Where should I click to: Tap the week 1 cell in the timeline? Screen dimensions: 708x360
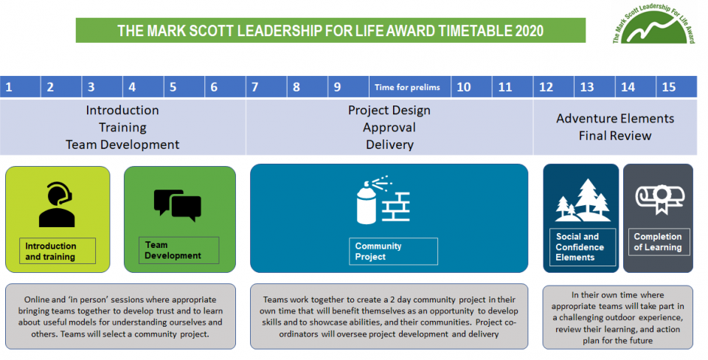(x=21, y=87)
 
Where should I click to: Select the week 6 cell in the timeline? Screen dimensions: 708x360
(x=225, y=87)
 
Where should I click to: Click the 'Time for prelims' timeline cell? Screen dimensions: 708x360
(x=409, y=87)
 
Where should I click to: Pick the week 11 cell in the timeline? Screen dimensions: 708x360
(x=512, y=87)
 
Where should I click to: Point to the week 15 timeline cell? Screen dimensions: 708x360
(x=676, y=87)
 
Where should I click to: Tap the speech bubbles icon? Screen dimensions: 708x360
(x=178, y=204)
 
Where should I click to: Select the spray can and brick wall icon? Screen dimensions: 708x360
(x=383, y=200)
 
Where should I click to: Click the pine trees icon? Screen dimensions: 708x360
(x=583, y=200)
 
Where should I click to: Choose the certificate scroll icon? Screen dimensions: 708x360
(x=659, y=198)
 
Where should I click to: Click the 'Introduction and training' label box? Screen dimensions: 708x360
(x=58, y=251)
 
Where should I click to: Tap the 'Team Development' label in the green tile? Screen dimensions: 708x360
(x=178, y=250)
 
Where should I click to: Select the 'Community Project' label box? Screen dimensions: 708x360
(x=393, y=251)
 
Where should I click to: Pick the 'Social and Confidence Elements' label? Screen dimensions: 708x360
(x=583, y=247)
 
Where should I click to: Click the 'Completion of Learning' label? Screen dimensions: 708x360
(x=659, y=242)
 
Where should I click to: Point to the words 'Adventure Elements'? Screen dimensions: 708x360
(x=615, y=118)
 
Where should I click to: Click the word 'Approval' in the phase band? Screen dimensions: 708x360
(x=389, y=128)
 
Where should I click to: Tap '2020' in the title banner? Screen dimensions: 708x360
(x=529, y=31)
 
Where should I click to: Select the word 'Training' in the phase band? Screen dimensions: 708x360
(x=123, y=128)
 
